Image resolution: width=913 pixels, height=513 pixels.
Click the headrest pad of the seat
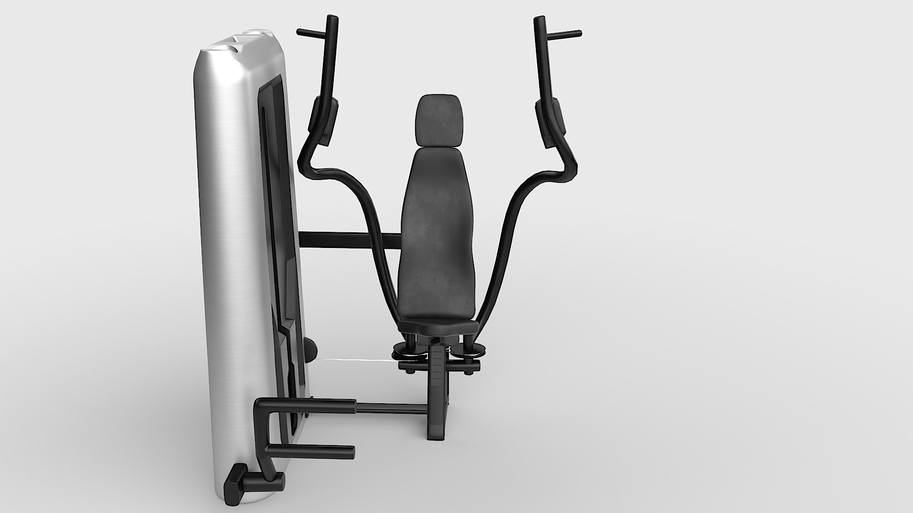438,121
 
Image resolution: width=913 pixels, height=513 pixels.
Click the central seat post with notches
437,380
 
